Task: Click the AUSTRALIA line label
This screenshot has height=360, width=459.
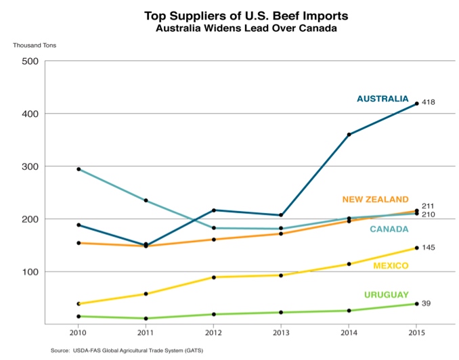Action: [x=383, y=99]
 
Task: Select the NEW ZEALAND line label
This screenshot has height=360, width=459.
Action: [x=375, y=200]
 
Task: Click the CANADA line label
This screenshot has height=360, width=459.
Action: [x=389, y=229]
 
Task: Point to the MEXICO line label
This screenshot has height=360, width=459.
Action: [x=391, y=266]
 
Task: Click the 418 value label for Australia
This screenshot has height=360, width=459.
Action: [x=428, y=103]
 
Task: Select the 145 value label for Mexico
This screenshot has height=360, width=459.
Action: [x=428, y=248]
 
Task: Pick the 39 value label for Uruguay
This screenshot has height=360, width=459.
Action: [x=426, y=303]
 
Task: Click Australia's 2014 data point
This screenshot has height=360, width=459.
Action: [x=349, y=135]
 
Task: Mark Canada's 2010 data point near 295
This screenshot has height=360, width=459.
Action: [x=79, y=169]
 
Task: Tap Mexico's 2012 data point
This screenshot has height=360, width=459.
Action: [x=213, y=277]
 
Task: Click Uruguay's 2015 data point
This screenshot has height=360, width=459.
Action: [x=416, y=304]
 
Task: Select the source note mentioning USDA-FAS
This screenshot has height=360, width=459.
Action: [x=127, y=351]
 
